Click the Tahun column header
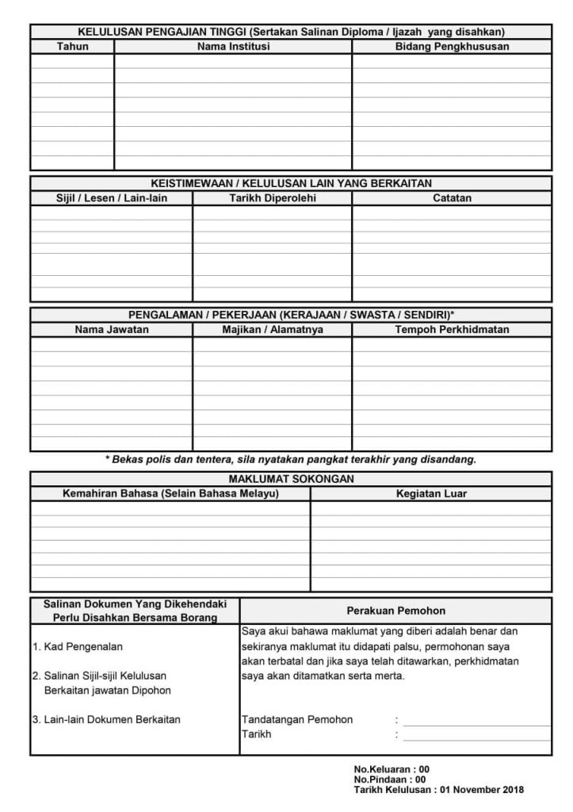point(73,47)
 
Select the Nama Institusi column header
point(233,47)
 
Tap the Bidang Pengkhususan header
point(452,47)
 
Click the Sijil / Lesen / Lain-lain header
point(111,198)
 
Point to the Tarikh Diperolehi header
point(272,198)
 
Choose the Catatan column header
point(452,198)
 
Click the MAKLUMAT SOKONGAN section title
point(291,479)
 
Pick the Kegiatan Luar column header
point(431,494)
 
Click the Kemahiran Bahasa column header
point(170,494)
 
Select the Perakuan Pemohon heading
point(395,611)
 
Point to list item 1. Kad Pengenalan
point(78,647)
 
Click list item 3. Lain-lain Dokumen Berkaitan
point(106,720)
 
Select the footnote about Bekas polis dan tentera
point(291,460)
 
